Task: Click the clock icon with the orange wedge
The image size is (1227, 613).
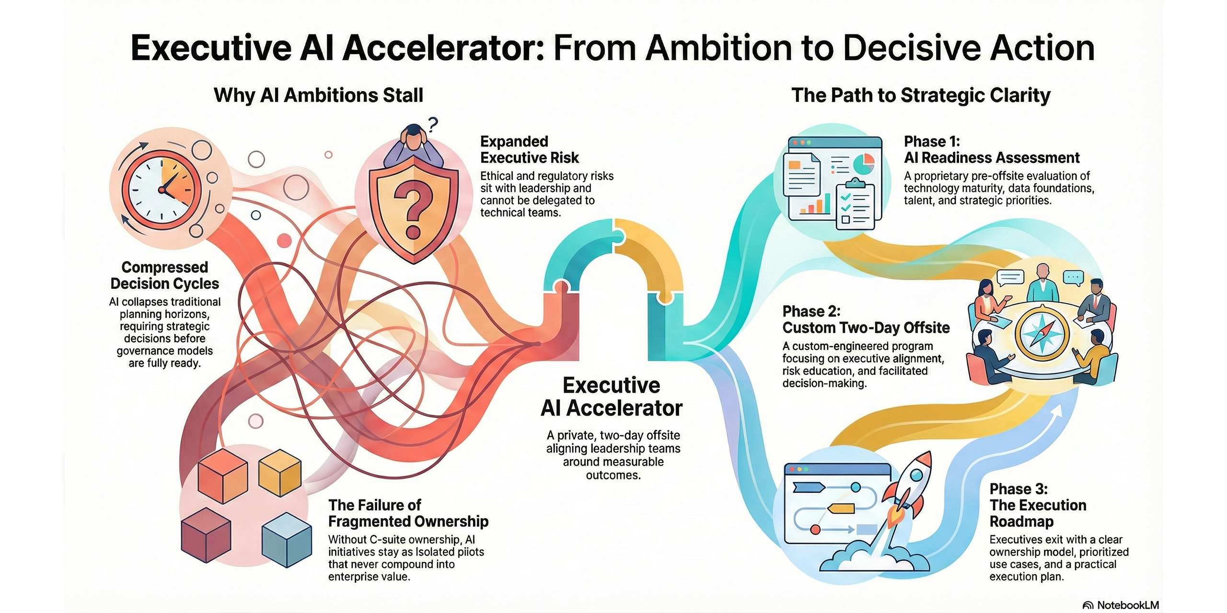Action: click(162, 190)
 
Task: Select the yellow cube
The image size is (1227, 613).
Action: click(280, 472)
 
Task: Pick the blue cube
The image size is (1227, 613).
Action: click(287, 540)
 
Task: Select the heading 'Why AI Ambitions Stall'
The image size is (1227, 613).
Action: click(319, 95)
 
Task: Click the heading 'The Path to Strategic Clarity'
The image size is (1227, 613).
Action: click(921, 95)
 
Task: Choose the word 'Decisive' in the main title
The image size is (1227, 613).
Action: click(907, 48)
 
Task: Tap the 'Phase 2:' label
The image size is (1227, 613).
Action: click(811, 311)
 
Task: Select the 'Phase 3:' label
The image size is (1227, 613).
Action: click(1019, 489)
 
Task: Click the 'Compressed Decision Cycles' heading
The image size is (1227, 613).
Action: click(165, 275)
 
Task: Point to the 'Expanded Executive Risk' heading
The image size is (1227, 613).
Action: click(530, 149)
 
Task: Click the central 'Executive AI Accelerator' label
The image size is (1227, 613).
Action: click(612, 397)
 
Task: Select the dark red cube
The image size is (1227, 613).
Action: click(206, 534)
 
